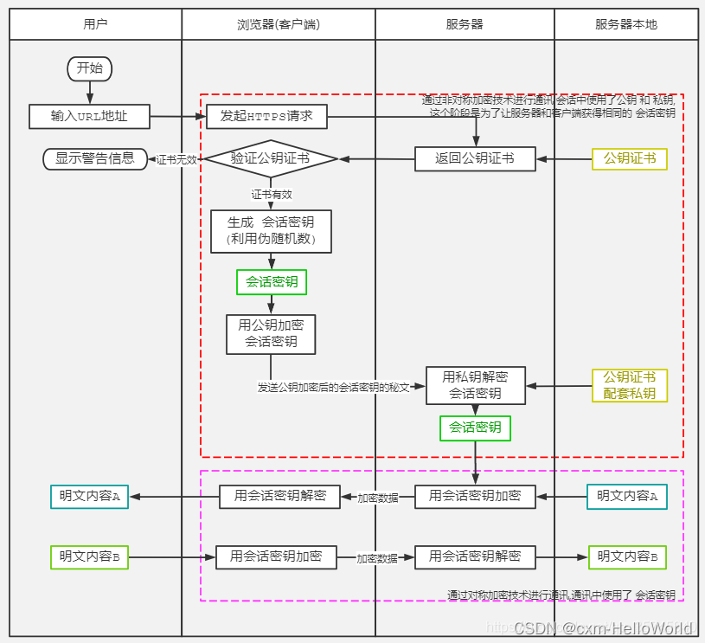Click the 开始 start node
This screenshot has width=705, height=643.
[x=90, y=68]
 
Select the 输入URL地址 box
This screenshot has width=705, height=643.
[x=89, y=115]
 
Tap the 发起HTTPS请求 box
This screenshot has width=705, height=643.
[x=266, y=115]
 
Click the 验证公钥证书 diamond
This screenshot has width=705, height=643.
[x=269, y=159]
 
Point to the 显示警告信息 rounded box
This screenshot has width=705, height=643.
[x=95, y=158]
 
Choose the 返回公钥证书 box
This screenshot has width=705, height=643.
[x=475, y=158]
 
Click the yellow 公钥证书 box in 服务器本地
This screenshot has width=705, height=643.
[x=629, y=158]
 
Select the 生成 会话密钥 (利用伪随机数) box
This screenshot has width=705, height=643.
[x=271, y=230]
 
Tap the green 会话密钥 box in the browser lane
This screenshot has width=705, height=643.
[x=272, y=281]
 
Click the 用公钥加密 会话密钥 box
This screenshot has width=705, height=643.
[x=271, y=334]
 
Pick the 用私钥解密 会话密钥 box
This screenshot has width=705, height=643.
[x=475, y=385]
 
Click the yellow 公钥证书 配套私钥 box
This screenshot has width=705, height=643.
[x=629, y=385]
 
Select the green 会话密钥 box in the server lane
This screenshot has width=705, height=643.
[x=475, y=428]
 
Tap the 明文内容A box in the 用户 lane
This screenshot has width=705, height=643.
[x=89, y=496]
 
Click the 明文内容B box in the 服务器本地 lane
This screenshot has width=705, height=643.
[x=628, y=556]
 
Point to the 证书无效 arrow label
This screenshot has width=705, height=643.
[x=176, y=159]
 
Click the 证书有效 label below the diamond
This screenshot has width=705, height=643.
[x=272, y=194]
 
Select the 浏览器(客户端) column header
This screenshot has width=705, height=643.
[x=278, y=24]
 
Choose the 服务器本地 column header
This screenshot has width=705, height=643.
[x=626, y=24]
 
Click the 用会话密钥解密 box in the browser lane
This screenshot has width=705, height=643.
[x=279, y=496]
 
